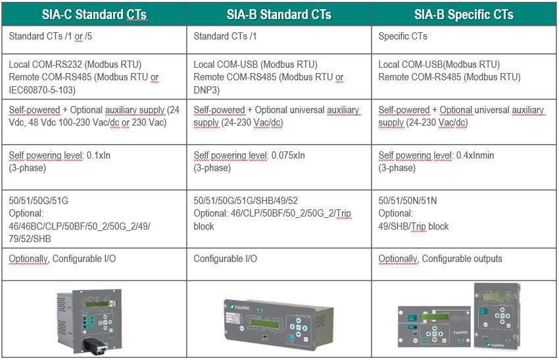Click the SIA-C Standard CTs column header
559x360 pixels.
point(94,14)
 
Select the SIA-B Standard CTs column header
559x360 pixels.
point(279,14)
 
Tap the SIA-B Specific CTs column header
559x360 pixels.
point(464,14)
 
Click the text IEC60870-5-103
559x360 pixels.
point(41,90)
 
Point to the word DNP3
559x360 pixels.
point(205,90)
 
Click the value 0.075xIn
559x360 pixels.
point(288,155)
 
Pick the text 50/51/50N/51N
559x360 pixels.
point(408,201)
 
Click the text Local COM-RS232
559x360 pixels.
point(46,64)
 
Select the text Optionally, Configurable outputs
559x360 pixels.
point(440,259)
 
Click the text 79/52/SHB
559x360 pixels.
point(30,239)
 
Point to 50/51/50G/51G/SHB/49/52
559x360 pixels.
point(246,201)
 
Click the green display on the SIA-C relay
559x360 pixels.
point(97,304)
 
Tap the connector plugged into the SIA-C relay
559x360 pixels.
point(95,346)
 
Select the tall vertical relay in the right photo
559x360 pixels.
point(497,316)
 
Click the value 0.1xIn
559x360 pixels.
point(99,155)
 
